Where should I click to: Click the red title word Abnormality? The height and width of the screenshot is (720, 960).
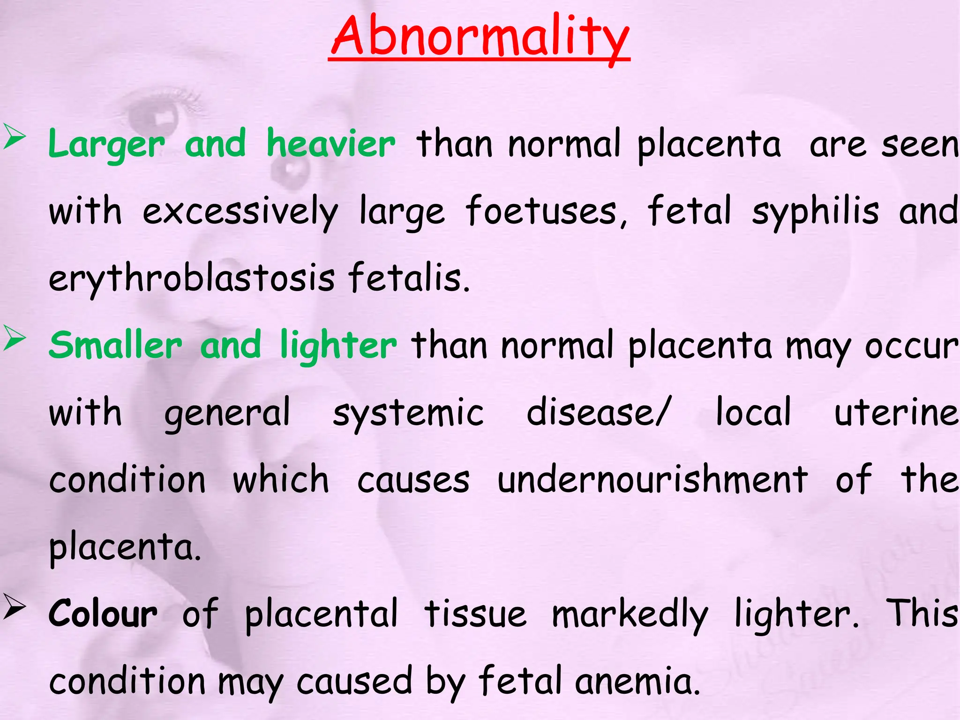coord(480,37)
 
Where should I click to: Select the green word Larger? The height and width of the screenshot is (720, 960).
coord(106,144)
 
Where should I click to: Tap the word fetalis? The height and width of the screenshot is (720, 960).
coord(408,278)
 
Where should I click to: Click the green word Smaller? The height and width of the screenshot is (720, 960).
coord(115,345)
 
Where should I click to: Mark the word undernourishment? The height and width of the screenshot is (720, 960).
coord(652,480)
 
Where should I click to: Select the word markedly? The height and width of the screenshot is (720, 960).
coord(630,614)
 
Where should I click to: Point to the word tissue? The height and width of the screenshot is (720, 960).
coord(475,614)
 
